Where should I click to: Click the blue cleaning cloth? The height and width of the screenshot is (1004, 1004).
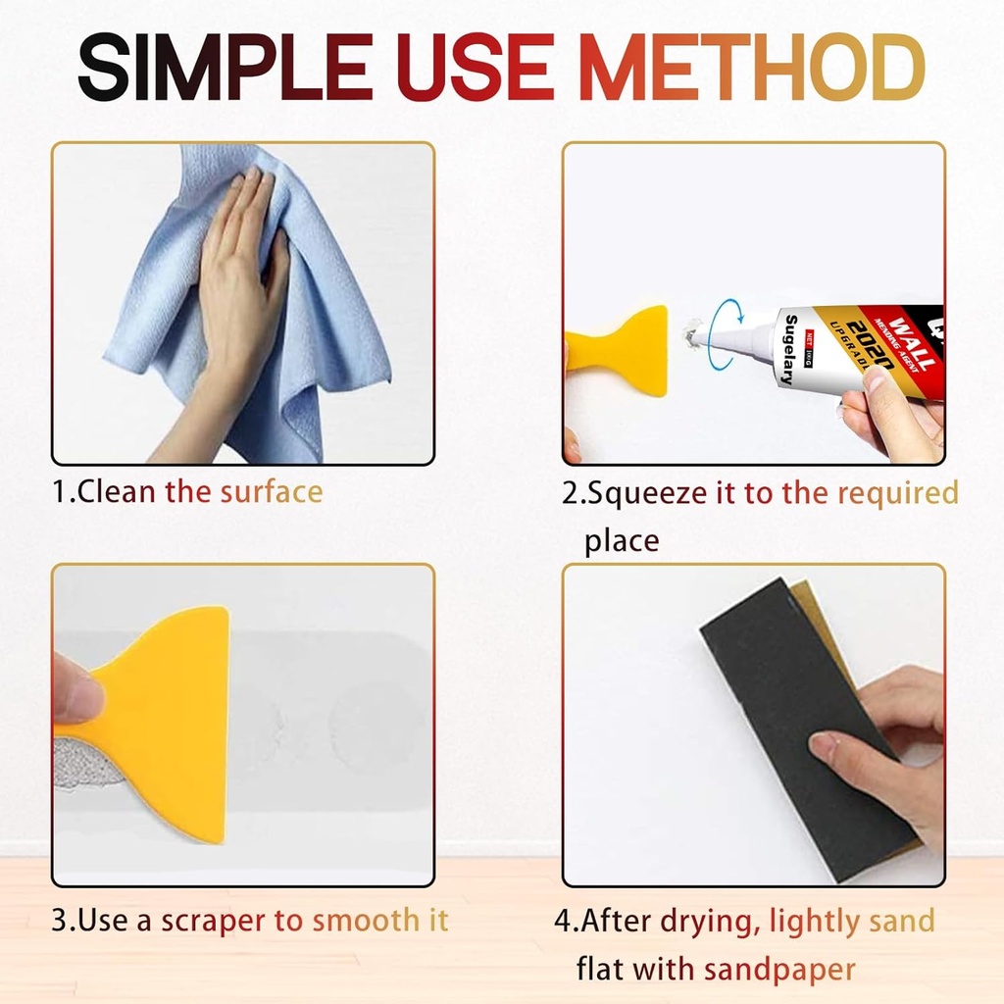[294, 324]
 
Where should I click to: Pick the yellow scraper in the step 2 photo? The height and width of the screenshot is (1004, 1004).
[618, 348]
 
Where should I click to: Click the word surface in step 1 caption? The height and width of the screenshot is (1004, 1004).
[272, 490]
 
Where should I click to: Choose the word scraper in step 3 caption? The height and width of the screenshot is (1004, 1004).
[215, 921]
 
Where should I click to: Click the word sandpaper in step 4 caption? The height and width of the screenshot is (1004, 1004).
[779, 970]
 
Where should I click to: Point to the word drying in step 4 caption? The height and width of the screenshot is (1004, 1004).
[711, 921]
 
